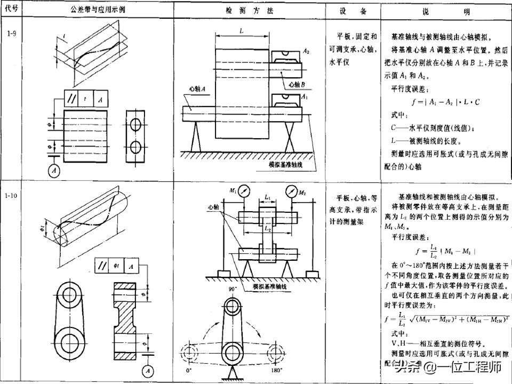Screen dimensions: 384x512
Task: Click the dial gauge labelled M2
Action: click(291, 191)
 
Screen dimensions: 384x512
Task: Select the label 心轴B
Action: click(295, 84)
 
